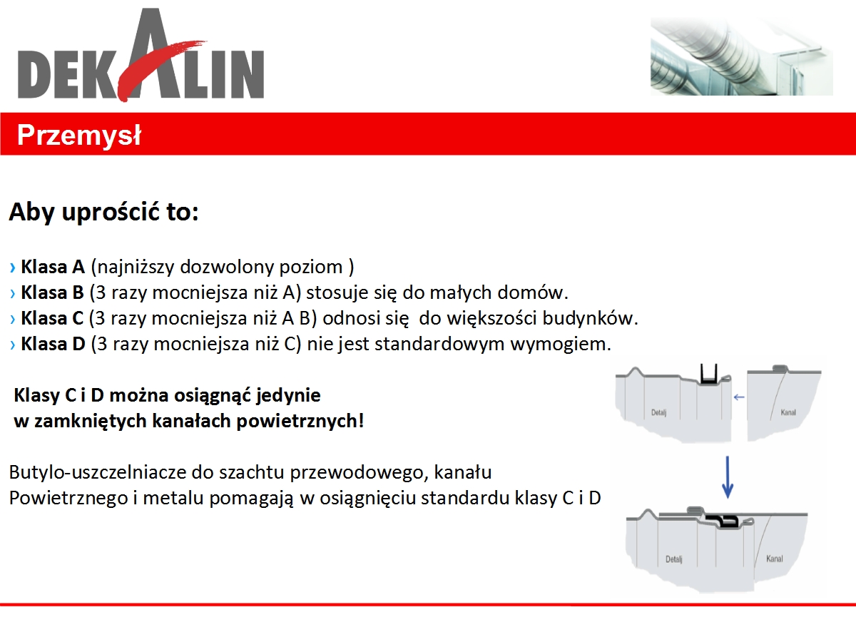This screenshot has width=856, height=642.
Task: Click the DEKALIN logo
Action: [x=141, y=56]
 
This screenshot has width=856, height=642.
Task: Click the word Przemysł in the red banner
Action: [x=78, y=136]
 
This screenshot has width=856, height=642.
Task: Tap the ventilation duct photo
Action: [x=741, y=56]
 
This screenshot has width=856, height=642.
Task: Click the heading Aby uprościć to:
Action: [x=103, y=212]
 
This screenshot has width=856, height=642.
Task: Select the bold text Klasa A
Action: [x=53, y=267]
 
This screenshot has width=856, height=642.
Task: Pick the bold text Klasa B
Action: [x=52, y=292]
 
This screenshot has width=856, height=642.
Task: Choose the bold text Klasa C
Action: [x=52, y=318]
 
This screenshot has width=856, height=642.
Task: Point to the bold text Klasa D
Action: [x=53, y=345]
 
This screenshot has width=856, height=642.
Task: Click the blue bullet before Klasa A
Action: [x=13, y=267]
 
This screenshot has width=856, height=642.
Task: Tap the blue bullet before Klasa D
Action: [x=13, y=345]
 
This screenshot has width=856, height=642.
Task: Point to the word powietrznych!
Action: [x=300, y=421]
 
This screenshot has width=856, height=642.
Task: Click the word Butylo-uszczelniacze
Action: [x=98, y=472]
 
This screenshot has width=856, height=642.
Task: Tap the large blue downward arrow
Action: [x=728, y=477]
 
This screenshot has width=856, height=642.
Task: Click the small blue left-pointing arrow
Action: [x=739, y=397]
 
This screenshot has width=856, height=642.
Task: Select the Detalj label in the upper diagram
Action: [x=658, y=412]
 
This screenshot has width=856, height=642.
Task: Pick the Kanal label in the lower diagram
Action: [x=775, y=559]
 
